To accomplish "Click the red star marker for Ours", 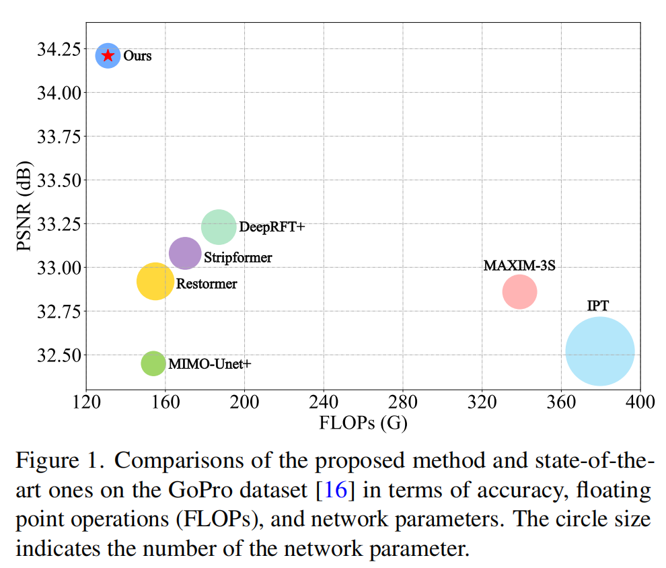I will pyautogui.click(x=108, y=55).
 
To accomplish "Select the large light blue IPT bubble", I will pyautogui.click(x=599, y=351).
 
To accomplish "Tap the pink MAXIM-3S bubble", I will pyautogui.click(x=519, y=292).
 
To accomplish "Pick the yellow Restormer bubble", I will pyautogui.click(x=155, y=281).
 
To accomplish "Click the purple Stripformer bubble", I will pyautogui.click(x=185, y=254).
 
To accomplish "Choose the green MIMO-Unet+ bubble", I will pyautogui.click(x=153, y=363).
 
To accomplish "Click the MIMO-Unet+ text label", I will pyautogui.click(x=209, y=364).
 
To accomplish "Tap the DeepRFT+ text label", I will pyautogui.click(x=272, y=227).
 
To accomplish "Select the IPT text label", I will pyautogui.click(x=597, y=306).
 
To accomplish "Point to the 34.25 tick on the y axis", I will pyautogui.click(x=59, y=49).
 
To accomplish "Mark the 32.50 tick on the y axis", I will pyautogui.click(x=59, y=355).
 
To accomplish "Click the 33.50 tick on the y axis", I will pyautogui.click(x=59, y=180).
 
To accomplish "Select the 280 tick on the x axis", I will pyautogui.click(x=402, y=402).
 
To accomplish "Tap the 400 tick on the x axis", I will pyautogui.click(x=640, y=402).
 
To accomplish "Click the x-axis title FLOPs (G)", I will pyautogui.click(x=363, y=423).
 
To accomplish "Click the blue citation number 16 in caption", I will pyautogui.click(x=335, y=489).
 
